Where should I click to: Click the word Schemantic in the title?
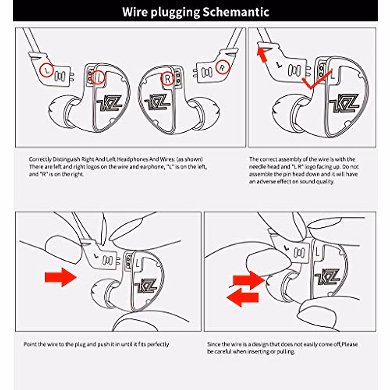click(236, 12)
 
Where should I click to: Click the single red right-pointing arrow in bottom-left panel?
click(60, 277)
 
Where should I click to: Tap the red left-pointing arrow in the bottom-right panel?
click(242, 298)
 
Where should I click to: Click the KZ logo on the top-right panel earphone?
click(344, 103)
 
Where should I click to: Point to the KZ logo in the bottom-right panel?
click(327, 277)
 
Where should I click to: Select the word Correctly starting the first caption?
click(40, 159)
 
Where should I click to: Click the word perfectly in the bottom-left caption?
click(158, 344)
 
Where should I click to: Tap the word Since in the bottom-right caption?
click(214, 344)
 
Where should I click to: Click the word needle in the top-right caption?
click(257, 167)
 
